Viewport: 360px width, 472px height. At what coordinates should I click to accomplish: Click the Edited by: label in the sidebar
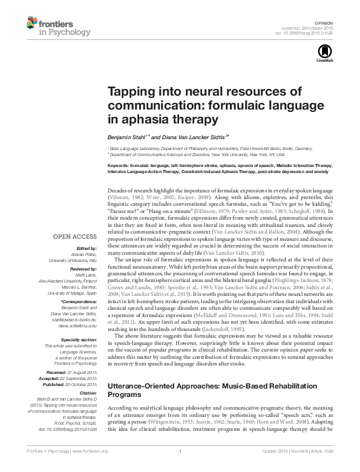(86, 248)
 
